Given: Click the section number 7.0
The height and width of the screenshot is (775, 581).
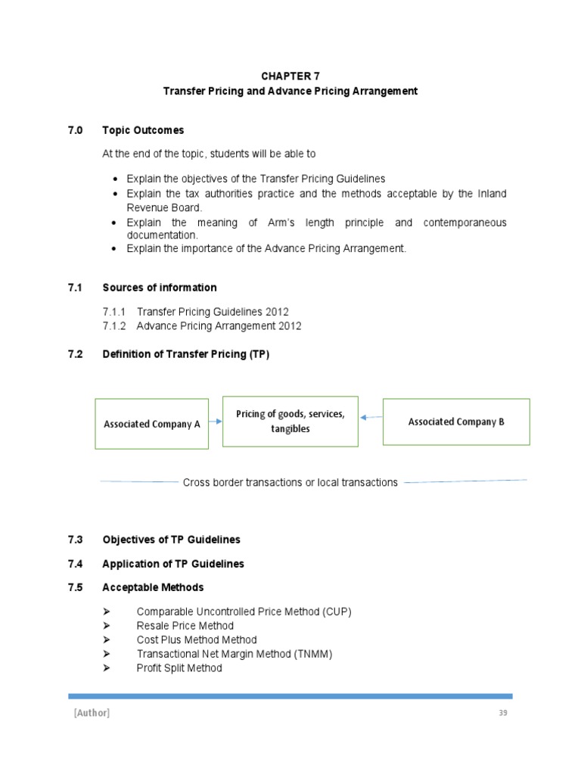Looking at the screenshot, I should coord(74,130).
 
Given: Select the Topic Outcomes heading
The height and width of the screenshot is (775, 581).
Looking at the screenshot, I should coord(143,130).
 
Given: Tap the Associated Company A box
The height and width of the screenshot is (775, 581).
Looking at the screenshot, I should coord(151,424).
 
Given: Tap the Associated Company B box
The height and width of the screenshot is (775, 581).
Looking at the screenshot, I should coord(456,422).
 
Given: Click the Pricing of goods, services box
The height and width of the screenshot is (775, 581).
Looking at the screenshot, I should coord(290,421).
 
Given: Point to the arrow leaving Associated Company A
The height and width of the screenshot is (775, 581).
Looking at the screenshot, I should coord(215,421).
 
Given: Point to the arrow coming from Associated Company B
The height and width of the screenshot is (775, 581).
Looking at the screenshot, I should coord(371,416).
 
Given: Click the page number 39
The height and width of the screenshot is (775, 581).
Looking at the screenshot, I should coord(502,714).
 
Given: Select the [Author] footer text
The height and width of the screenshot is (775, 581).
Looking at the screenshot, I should coord(92,714).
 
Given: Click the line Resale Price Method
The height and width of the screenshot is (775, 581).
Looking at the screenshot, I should coord(185,625).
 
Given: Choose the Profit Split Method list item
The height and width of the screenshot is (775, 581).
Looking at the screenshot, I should coord(179,668).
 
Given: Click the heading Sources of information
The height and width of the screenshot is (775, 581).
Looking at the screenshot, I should coord(159,288).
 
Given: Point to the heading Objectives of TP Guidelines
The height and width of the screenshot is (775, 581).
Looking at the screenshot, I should coord(171,540).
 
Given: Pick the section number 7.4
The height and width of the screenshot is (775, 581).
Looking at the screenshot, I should coord(74,564).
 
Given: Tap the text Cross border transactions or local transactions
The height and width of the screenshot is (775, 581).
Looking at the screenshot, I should coord(290,482).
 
